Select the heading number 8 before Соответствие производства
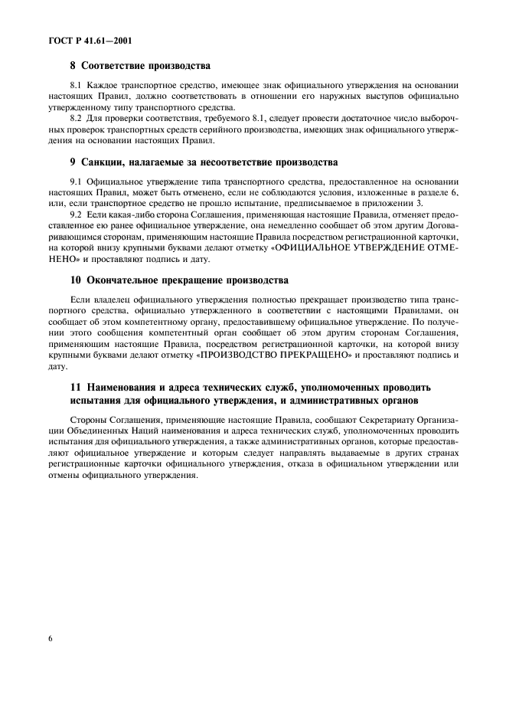73,66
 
